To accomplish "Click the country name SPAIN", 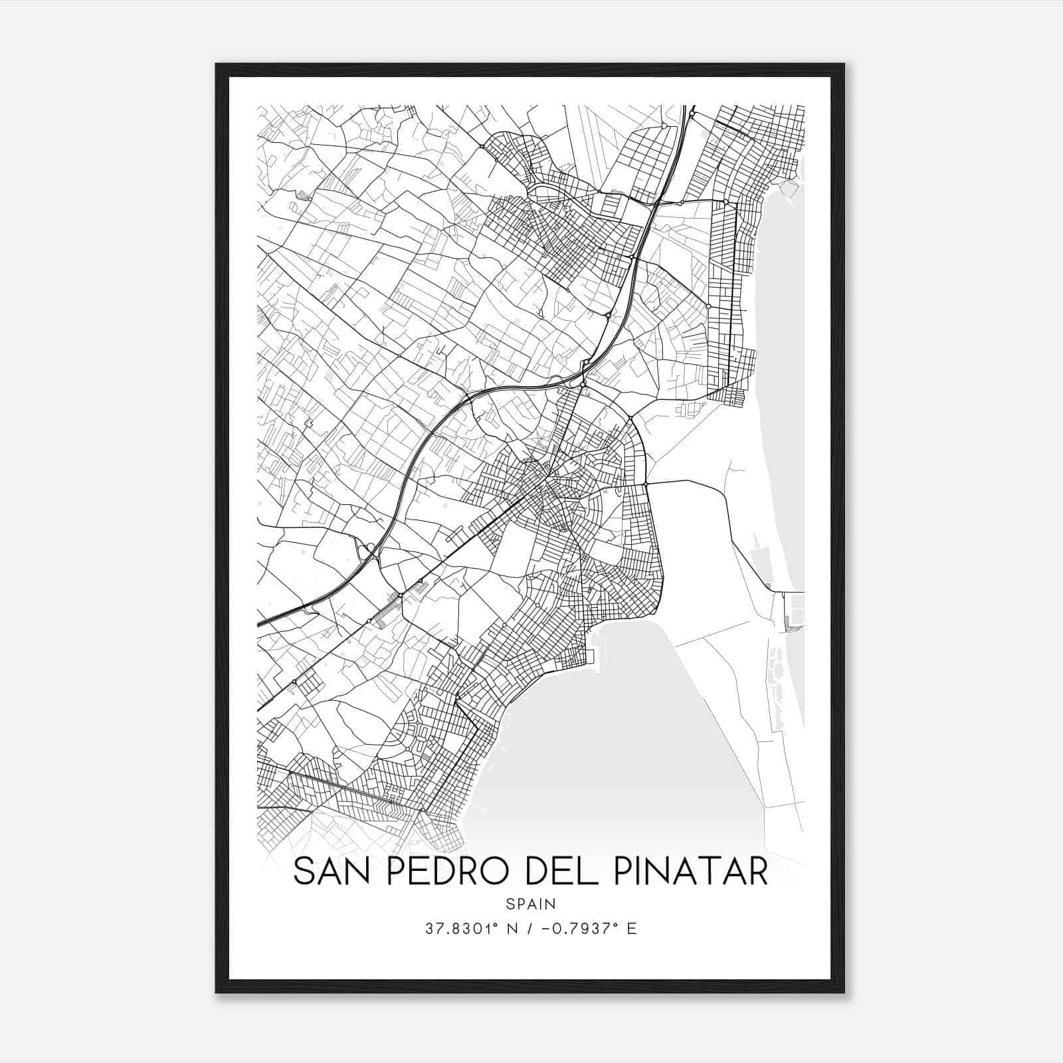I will click(x=531, y=904).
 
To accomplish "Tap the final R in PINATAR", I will click(x=758, y=872).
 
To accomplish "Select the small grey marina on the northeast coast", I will click(x=789, y=189).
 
